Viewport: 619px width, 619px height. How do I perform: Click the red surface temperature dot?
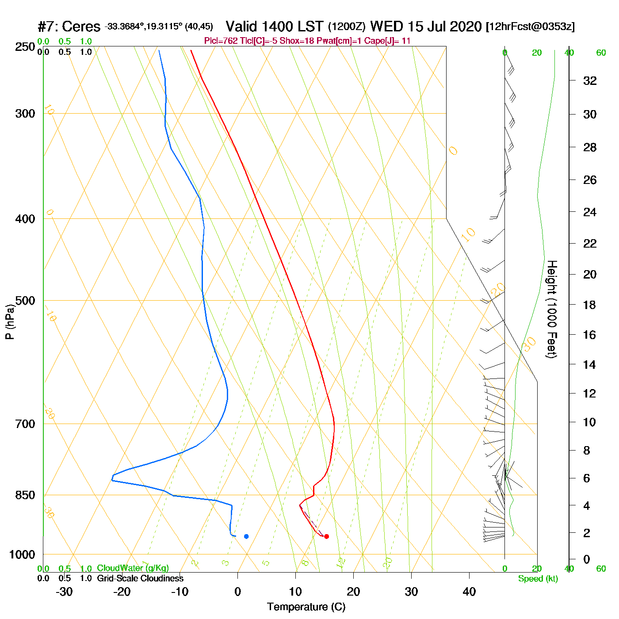point(326,536)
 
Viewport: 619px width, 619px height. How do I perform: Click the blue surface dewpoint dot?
point(246,536)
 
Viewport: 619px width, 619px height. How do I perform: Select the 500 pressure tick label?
point(25,301)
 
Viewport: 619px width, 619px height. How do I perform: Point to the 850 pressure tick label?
point(25,495)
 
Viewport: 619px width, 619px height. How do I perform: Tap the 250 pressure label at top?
point(25,47)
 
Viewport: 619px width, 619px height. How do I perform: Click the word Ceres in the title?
point(81,27)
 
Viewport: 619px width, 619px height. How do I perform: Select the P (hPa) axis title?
point(10,322)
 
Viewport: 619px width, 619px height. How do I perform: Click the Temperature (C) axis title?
point(306,607)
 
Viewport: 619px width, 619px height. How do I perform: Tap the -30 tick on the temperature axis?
point(64,592)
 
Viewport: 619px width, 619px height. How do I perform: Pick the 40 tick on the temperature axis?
point(469,592)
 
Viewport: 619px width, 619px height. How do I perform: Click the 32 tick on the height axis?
point(590,81)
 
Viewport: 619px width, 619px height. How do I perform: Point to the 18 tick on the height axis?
point(590,305)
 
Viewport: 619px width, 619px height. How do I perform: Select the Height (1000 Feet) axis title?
point(552,309)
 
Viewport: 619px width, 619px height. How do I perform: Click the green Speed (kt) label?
point(538,579)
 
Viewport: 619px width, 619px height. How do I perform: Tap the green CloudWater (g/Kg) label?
point(133,568)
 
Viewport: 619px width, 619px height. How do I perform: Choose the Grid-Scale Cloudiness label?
point(140,578)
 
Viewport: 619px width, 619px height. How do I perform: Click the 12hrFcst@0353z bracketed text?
point(530,27)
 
